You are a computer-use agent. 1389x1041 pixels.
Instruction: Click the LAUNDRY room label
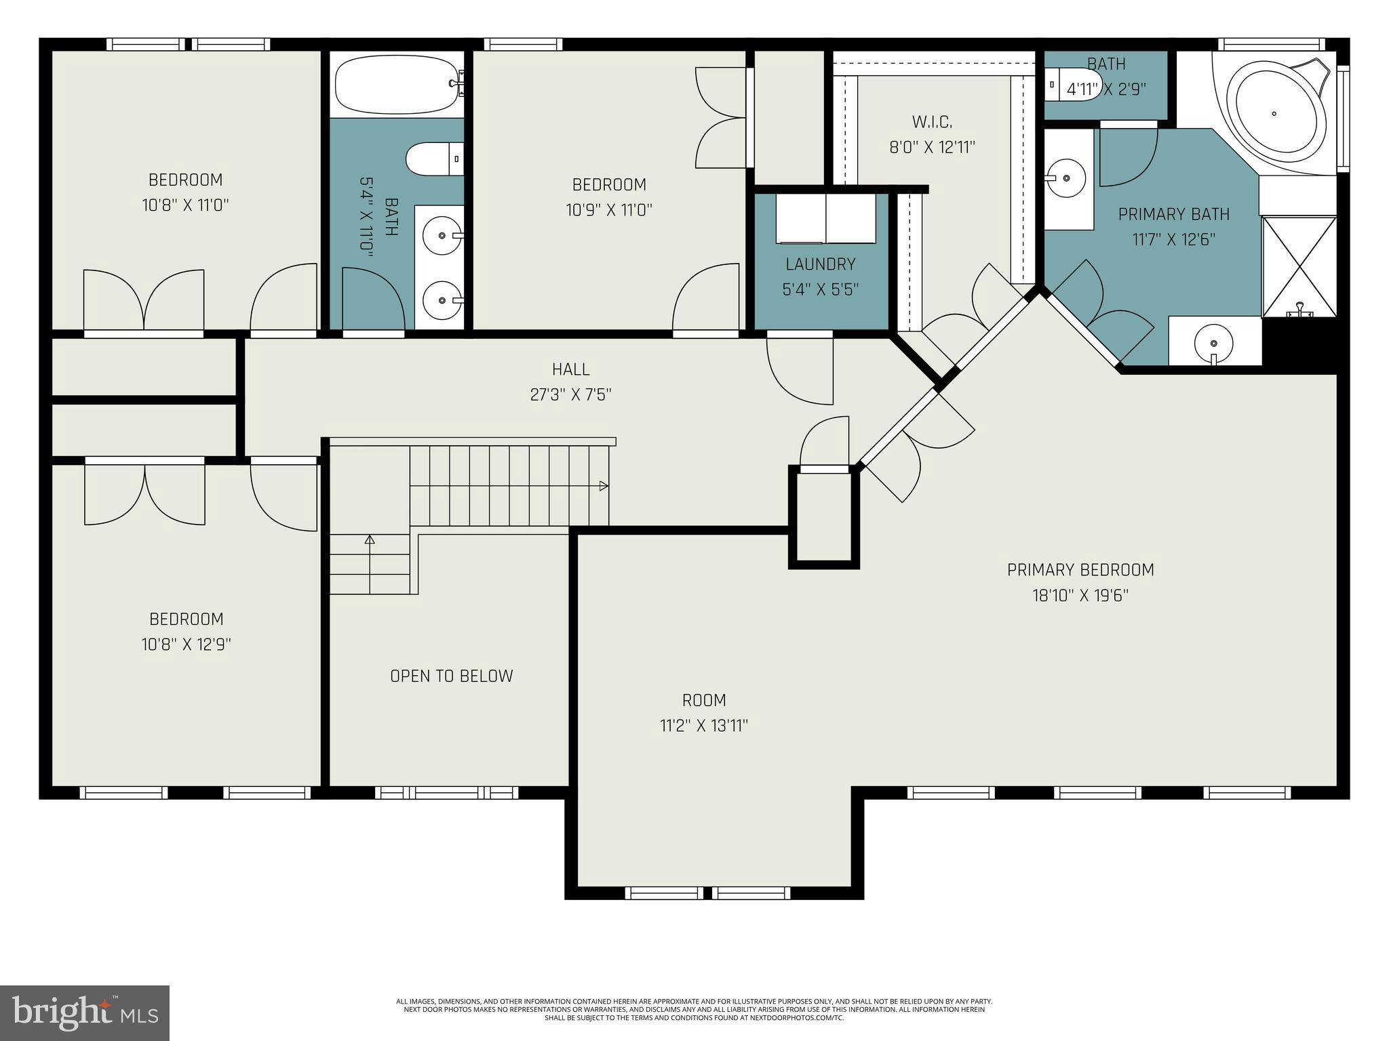[820, 264]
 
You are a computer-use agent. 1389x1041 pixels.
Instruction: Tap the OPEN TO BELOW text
[451, 676]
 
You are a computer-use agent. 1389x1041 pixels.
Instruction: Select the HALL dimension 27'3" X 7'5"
[570, 394]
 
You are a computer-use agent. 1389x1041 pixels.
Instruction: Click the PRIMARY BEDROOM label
[1080, 570]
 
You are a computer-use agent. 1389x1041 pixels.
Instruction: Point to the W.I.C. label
[932, 122]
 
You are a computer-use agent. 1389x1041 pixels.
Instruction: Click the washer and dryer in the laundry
[825, 218]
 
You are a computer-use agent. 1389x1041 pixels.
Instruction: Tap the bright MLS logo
[85, 1013]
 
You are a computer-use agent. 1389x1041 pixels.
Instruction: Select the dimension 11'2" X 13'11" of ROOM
[704, 726]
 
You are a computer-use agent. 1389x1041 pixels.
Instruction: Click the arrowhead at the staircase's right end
[604, 486]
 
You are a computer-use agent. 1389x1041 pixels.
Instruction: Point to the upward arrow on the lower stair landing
[370, 540]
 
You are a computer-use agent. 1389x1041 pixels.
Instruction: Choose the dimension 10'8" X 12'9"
[186, 644]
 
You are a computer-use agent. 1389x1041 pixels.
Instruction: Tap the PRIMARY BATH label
[1173, 214]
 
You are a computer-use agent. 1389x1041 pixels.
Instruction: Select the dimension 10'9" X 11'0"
[609, 210]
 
